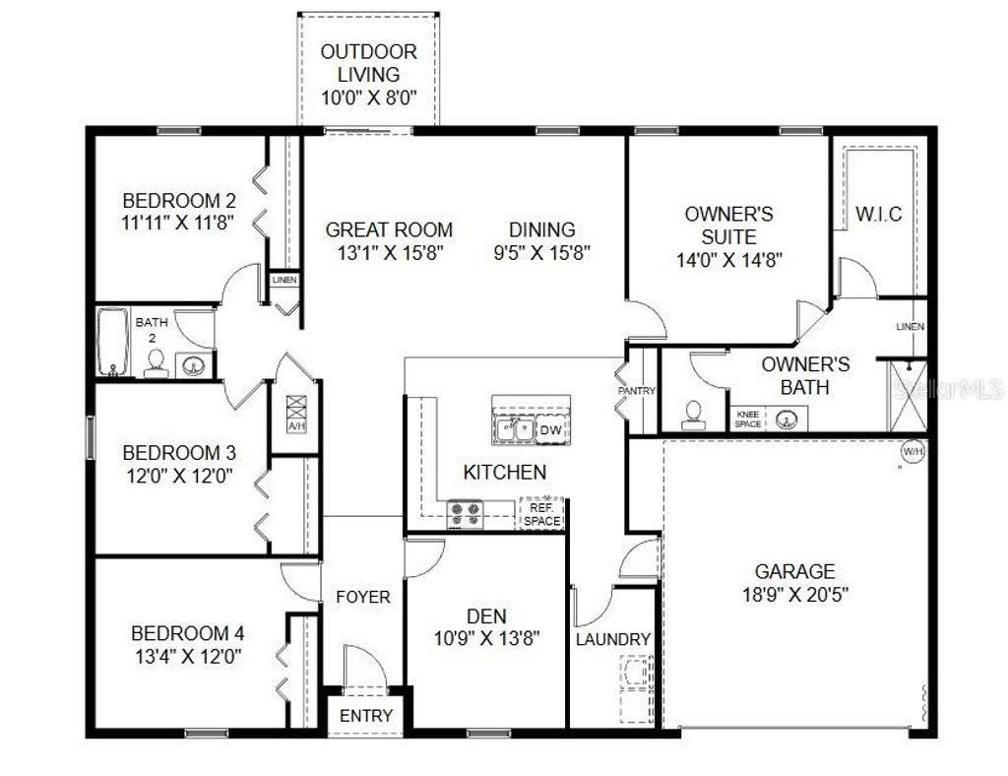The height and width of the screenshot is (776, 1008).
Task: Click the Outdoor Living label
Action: (x=369, y=63)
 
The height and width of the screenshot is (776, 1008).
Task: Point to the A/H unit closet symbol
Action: (x=295, y=413)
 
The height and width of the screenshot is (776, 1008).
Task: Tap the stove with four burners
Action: (x=466, y=513)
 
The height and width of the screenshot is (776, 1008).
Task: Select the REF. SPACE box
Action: (x=541, y=514)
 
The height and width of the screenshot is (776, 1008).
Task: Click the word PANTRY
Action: (x=637, y=391)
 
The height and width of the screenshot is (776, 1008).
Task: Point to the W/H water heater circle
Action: (x=913, y=451)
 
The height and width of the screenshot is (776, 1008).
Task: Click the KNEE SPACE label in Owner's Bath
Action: (x=747, y=419)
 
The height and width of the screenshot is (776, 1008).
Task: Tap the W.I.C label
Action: (x=879, y=214)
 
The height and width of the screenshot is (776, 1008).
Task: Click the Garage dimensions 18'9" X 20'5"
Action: (x=795, y=594)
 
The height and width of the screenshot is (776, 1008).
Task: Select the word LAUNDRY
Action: (x=613, y=639)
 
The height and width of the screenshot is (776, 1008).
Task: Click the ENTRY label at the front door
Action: (x=366, y=716)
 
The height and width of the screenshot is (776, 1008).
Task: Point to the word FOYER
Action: (x=363, y=597)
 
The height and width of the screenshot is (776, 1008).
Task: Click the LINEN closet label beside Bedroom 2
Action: (x=284, y=281)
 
